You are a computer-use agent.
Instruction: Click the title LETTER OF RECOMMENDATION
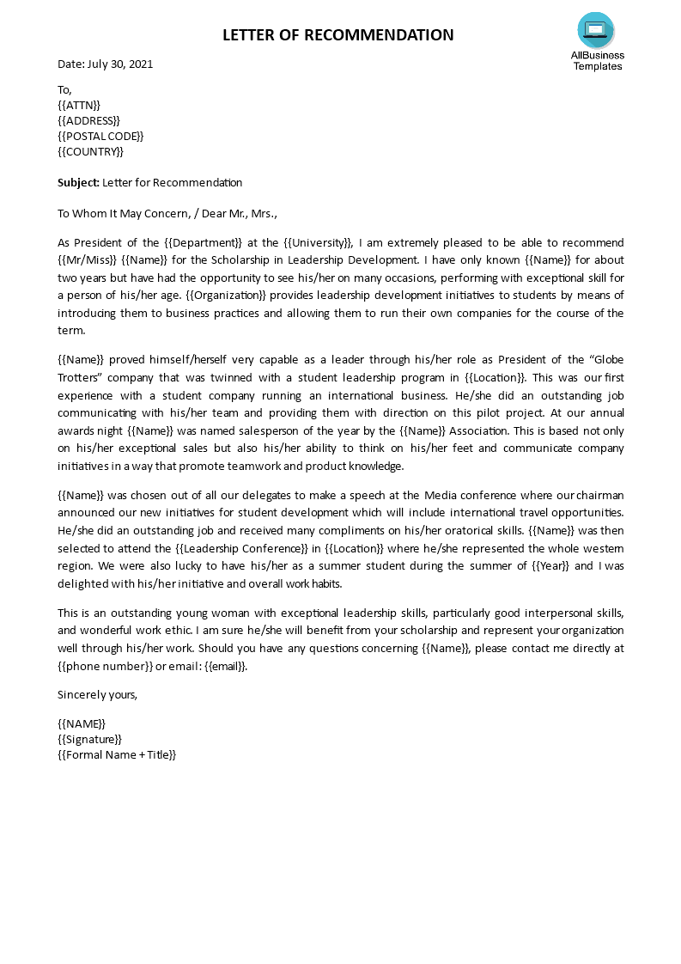pos(338,35)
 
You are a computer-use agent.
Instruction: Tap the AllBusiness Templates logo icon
pos(595,30)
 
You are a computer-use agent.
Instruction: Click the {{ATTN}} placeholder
pos(79,105)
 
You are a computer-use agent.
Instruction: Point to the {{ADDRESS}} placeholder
pos(88,120)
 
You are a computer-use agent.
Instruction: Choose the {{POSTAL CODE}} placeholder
pos(100,136)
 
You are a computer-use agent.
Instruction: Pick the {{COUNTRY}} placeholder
pos(90,151)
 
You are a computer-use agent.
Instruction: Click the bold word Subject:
pos(78,182)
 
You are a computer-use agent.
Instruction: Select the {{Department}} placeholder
pos(205,242)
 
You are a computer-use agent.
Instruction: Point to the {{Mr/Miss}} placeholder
pos(87,259)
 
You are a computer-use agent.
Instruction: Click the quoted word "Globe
pos(603,360)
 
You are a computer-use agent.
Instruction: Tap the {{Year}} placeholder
pos(548,565)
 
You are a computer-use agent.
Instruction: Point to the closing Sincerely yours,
pos(97,693)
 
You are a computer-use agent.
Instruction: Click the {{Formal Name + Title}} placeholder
pos(117,754)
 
